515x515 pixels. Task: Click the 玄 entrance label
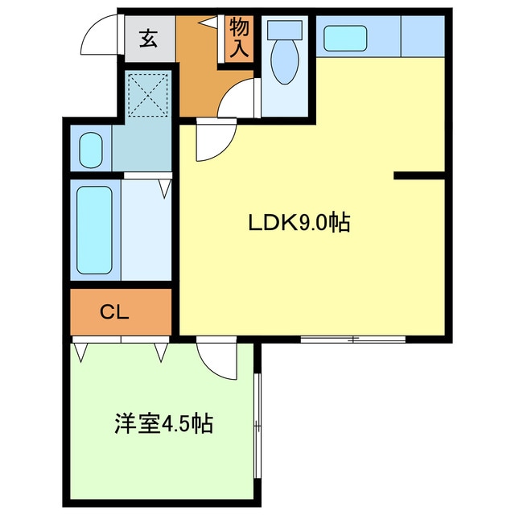(149, 37)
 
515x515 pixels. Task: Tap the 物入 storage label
(239, 38)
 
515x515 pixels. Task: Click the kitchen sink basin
(345, 38)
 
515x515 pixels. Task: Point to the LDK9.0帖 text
(297, 223)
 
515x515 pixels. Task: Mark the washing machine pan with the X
(149, 95)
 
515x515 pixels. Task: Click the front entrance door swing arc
(103, 37)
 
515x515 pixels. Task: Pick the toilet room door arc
(238, 101)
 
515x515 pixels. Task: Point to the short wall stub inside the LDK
(418, 175)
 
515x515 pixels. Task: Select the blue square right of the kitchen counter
(422, 36)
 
